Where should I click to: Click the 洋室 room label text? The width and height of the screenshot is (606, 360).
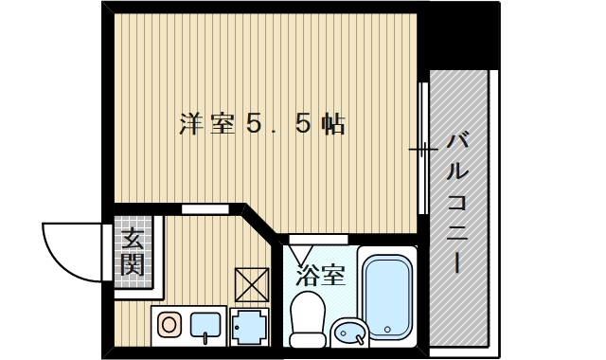tap(207, 124)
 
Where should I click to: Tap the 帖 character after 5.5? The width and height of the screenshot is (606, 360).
tap(330, 124)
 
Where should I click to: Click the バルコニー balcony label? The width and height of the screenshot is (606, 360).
tap(457, 203)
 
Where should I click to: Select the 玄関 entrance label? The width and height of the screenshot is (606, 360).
tap(133, 251)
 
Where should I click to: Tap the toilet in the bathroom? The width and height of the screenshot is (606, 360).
tap(306, 320)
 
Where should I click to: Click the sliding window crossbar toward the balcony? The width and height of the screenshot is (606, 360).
tap(421, 149)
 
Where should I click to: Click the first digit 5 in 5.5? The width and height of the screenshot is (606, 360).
tap(253, 124)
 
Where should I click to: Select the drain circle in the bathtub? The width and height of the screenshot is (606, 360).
tap(388, 332)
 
